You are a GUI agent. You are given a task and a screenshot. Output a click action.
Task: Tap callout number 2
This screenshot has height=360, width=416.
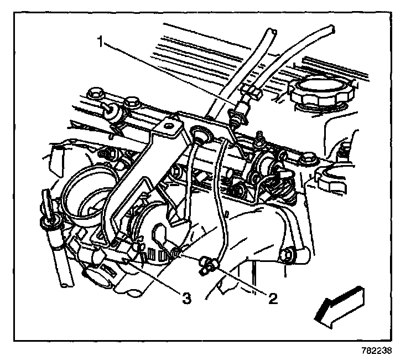[272, 299]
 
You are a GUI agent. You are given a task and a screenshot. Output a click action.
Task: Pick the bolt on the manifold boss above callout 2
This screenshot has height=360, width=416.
[288, 255]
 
